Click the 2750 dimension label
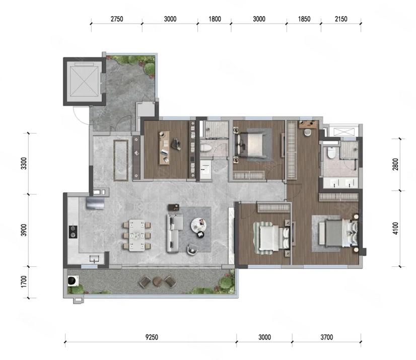point(117,19)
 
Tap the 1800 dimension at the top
point(215,19)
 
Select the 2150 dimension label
point(341,19)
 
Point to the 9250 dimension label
point(152,337)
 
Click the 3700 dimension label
point(326,337)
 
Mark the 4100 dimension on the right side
point(395,229)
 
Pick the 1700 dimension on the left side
point(24,281)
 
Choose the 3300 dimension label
point(24,164)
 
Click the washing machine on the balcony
point(73,280)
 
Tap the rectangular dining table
point(137,235)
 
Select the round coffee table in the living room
point(198,225)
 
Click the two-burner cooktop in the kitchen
point(73,232)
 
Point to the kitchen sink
point(94,258)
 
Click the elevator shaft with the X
point(84,81)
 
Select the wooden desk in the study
point(165,148)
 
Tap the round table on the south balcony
point(157,281)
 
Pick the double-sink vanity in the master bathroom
point(340,183)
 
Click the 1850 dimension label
point(304,19)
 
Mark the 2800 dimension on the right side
point(395,164)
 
